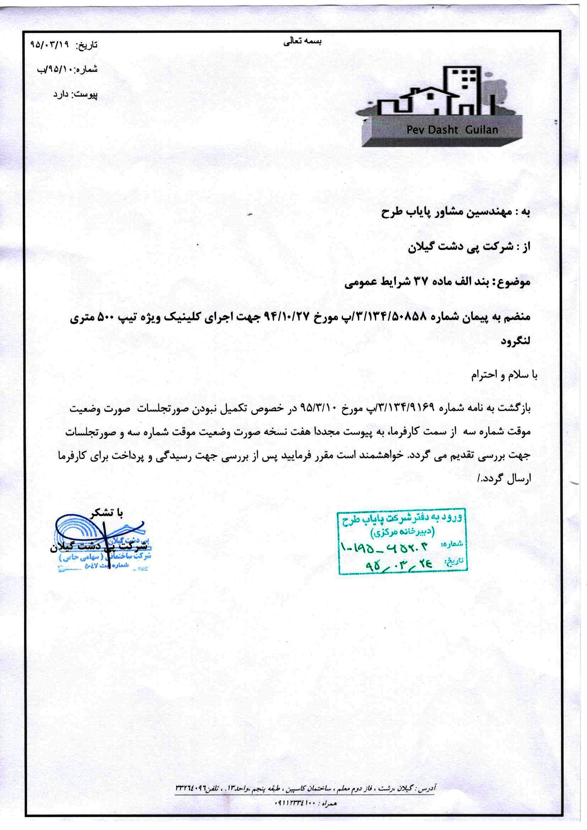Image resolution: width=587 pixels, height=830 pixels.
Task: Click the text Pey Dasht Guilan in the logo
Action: (x=452, y=130)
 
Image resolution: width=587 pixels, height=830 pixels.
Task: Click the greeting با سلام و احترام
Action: (x=504, y=375)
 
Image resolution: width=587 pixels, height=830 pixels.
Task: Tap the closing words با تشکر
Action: (x=106, y=513)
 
